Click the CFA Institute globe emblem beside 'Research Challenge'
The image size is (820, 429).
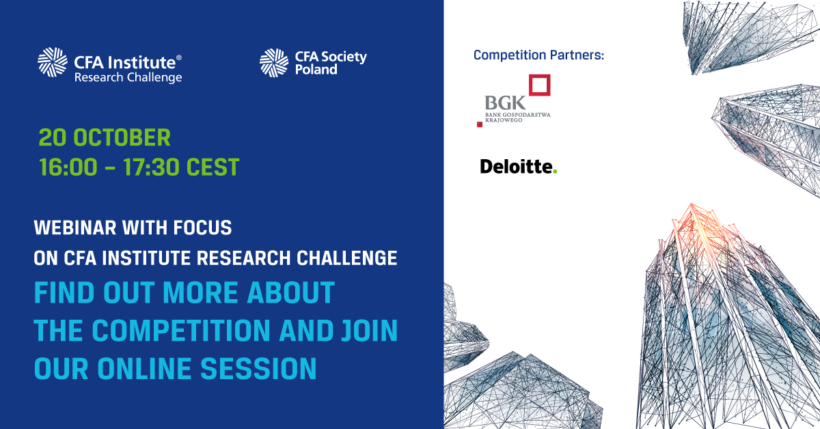coord(53,62)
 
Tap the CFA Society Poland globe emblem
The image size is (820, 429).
coord(274,63)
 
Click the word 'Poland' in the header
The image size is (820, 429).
coord(316,70)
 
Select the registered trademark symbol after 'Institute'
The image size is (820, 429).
coord(178,57)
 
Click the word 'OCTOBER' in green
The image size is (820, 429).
coord(122,137)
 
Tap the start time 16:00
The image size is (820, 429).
coord(68,167)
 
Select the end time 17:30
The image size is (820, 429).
coord(151,167)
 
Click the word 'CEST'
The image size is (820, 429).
coord(213,167)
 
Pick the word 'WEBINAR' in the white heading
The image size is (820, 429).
coord(75,227)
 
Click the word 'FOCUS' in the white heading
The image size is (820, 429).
coord(202,227)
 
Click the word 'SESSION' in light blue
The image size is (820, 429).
coord(258,369)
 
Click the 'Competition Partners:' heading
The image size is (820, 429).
coord(538,55)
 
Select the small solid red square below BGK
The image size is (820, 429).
coord(480,124)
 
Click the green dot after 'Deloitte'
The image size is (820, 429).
coord(555,171)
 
